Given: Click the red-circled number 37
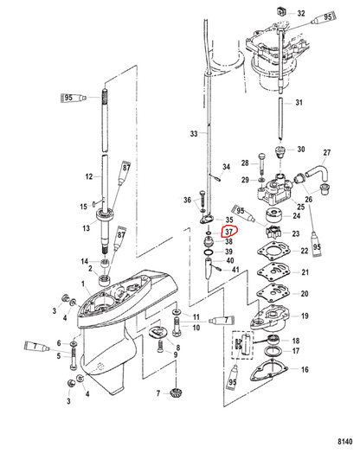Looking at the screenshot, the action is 228,232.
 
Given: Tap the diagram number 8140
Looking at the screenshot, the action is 345,442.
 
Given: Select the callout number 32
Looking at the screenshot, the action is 301,13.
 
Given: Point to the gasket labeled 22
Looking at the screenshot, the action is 273,251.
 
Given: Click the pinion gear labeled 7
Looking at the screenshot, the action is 176,393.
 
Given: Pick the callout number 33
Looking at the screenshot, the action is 194,133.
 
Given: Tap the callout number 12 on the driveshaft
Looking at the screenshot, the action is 89,176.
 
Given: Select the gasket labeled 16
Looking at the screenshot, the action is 269,370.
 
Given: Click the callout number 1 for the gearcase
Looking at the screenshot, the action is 83,284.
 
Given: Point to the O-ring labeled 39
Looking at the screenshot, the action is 209,252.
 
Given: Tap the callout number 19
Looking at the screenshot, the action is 305,316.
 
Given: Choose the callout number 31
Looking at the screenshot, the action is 299,102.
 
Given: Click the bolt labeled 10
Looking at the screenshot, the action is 177,327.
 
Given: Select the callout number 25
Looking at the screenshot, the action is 301,207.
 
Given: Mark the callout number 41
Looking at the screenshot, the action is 235,270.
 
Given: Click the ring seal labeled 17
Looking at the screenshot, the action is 273,351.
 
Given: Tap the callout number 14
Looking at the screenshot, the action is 84,261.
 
